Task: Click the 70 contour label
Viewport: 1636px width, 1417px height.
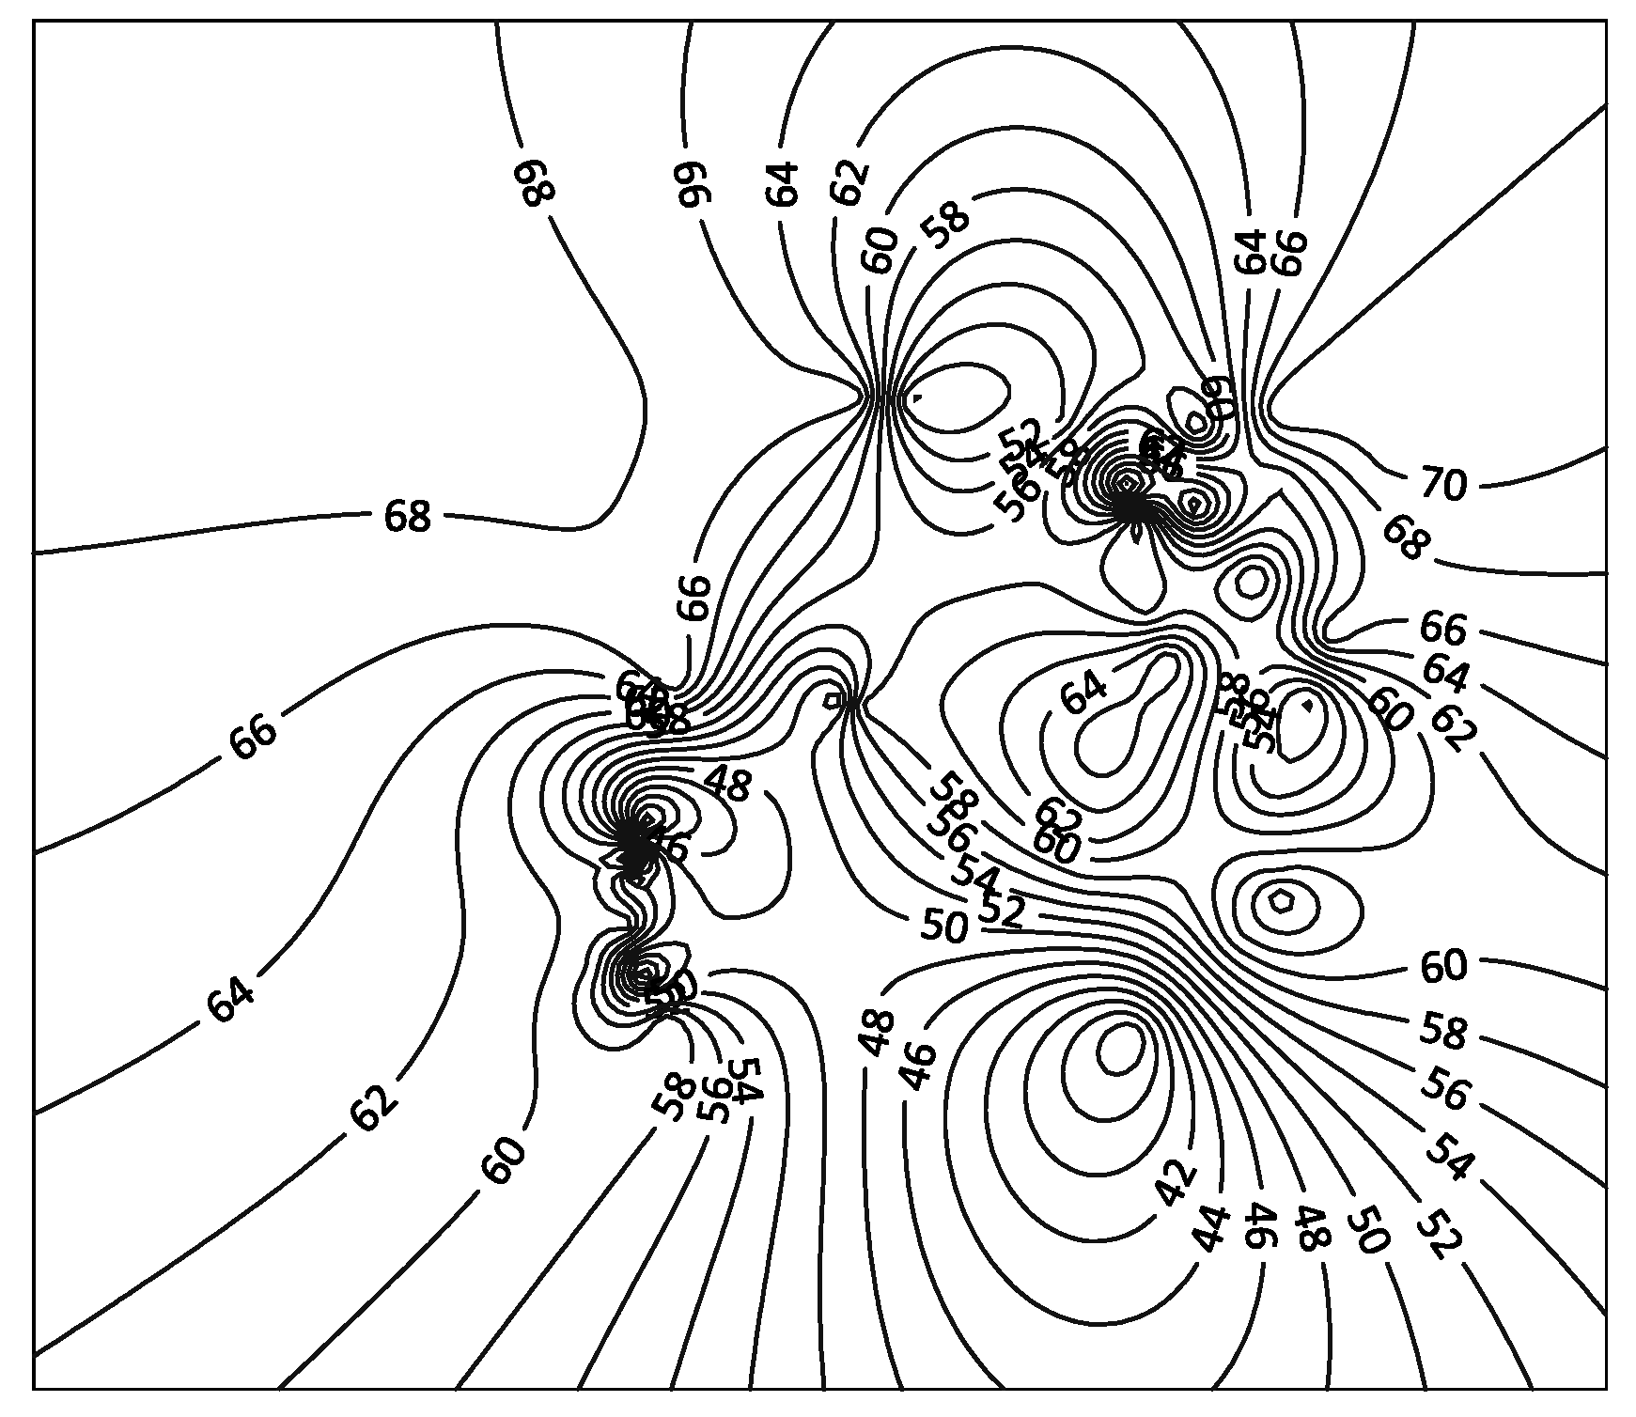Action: pyautogui.click(x=1443, y=484)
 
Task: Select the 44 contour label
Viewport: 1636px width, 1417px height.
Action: pyautogui.click(x=1212, y=1229)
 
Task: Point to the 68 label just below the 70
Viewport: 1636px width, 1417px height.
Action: pyautogui.click(x=1405, y=538)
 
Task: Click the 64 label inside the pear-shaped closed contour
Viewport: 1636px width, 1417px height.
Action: pyautogui.click(x=1083, y=693)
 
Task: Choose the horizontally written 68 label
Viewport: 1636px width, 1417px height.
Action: pyautogui.click(x=407, y=516)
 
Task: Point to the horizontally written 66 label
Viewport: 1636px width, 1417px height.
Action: pyautogui.click(x=1442, y=627)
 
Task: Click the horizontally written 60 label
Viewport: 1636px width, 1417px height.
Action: pyautogui.click(x=1443, y=966)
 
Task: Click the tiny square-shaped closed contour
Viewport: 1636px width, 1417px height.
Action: pyautogui.click(x=833, y=700)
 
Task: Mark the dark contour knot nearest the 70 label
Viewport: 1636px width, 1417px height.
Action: pyautogui.click(x=1132, y=505)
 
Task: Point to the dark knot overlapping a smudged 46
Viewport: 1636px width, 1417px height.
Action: pyautogui.click(x=635, y=843)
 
